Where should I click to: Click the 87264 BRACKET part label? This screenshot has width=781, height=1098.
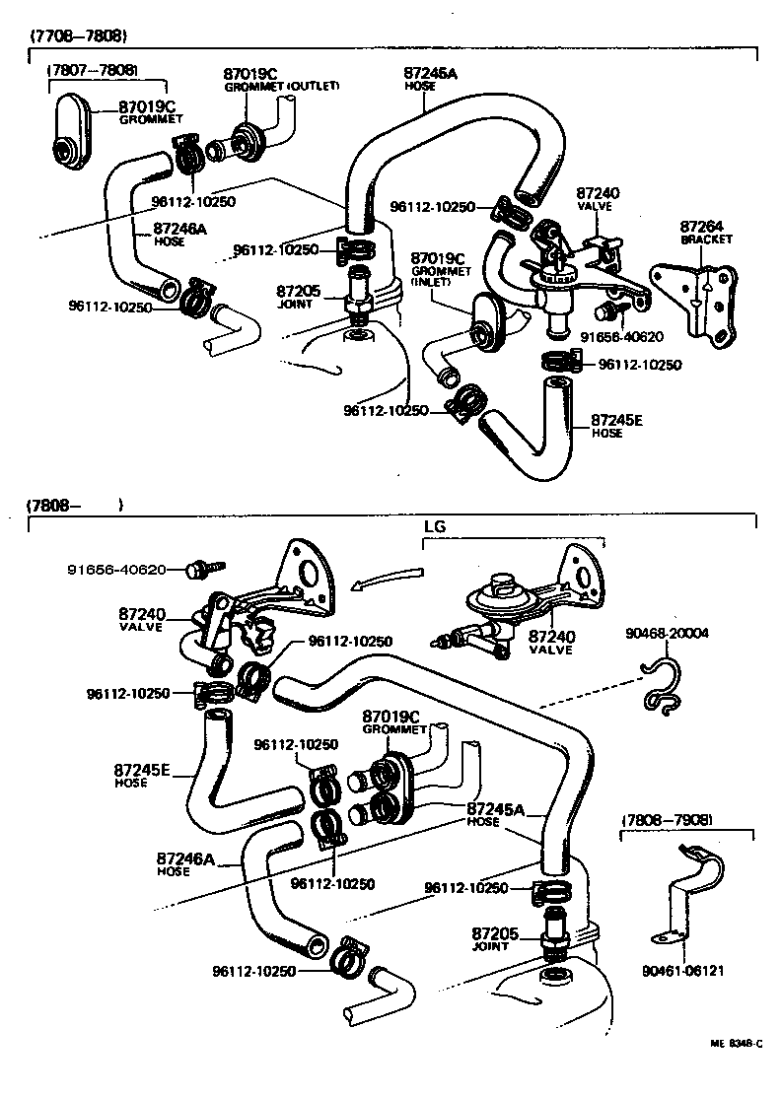click(703, 233)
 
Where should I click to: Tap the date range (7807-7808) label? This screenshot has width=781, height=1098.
click(92, 71)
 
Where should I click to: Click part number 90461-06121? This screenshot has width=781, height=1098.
click(687, 970)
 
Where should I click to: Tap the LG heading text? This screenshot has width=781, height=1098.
click(435, 526)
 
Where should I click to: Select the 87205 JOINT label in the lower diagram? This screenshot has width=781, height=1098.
click(490, 938)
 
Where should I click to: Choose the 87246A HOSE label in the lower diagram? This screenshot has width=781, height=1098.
click(184, 863)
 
